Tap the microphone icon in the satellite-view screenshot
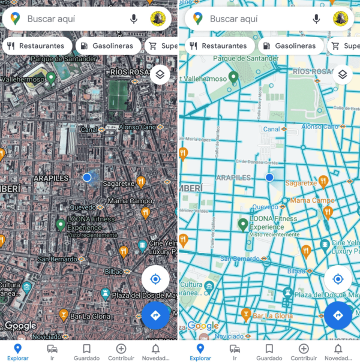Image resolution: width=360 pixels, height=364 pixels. (x=134, y=19)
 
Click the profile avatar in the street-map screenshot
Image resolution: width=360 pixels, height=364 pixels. (x=341, y=19)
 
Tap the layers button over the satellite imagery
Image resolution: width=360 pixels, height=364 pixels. (x=160, y=75)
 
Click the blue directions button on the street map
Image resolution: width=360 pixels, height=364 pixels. (x=338, y=315)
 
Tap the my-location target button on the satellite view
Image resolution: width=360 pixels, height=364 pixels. (x=155, y=279)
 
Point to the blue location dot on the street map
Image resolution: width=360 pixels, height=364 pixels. (x=269, y=178)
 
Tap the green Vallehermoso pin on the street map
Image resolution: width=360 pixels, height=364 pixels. (x=233, y=77)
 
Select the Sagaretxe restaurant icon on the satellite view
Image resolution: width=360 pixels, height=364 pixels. (x=141, y=181)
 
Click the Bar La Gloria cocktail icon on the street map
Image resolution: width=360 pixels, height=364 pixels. (x=246, y=314)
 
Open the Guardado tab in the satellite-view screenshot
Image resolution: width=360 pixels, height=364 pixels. (x=86, y=351)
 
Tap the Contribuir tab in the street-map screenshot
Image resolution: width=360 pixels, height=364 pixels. (x=304, y=351)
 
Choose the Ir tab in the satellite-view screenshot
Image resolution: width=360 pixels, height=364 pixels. (x=52, y=351)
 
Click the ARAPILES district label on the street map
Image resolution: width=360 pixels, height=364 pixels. (x=233, y=178)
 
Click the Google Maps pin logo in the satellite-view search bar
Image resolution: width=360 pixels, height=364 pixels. (x=15, y=19)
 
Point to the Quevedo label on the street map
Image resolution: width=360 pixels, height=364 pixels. (x=265, y=207)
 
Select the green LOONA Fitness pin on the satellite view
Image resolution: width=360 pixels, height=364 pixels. (x=60, y=225)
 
